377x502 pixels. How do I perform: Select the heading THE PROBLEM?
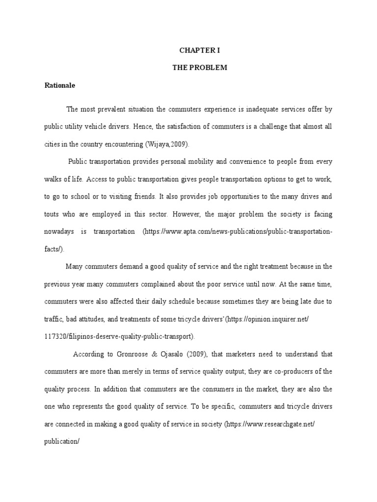(x=199, y=68)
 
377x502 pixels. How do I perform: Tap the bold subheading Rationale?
(x=59, y=85)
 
